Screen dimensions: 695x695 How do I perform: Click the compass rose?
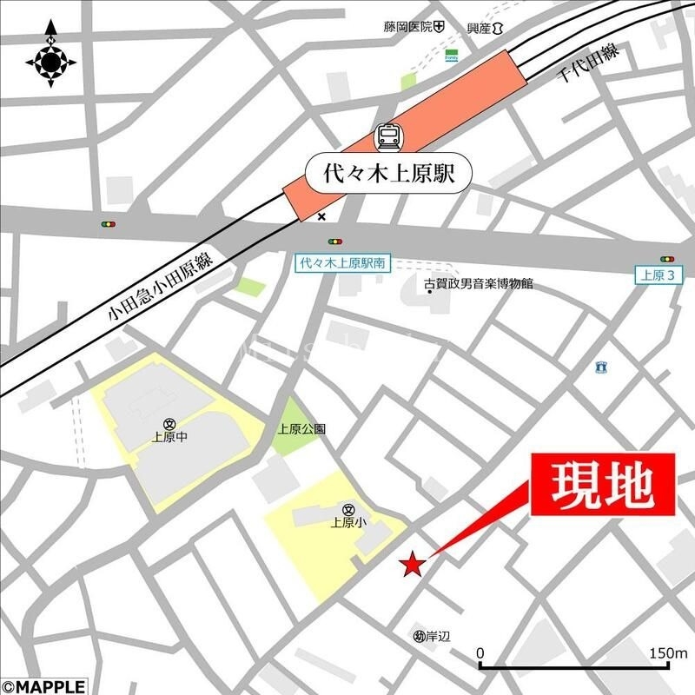point(50,60)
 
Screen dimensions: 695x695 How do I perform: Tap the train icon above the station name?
point(389,136)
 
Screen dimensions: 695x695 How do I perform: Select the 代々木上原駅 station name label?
point(391,171)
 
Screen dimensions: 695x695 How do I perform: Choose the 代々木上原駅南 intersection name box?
point(341,261)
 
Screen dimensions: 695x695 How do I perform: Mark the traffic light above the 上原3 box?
point(666,259)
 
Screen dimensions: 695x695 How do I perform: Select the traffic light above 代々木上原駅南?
point(334,242)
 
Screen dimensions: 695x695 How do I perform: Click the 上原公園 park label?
point(301,428)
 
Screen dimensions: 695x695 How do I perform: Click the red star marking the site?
point(412,566)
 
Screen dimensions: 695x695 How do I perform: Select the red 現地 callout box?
point(603,486)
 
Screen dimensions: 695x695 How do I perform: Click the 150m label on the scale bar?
point(667,652)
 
